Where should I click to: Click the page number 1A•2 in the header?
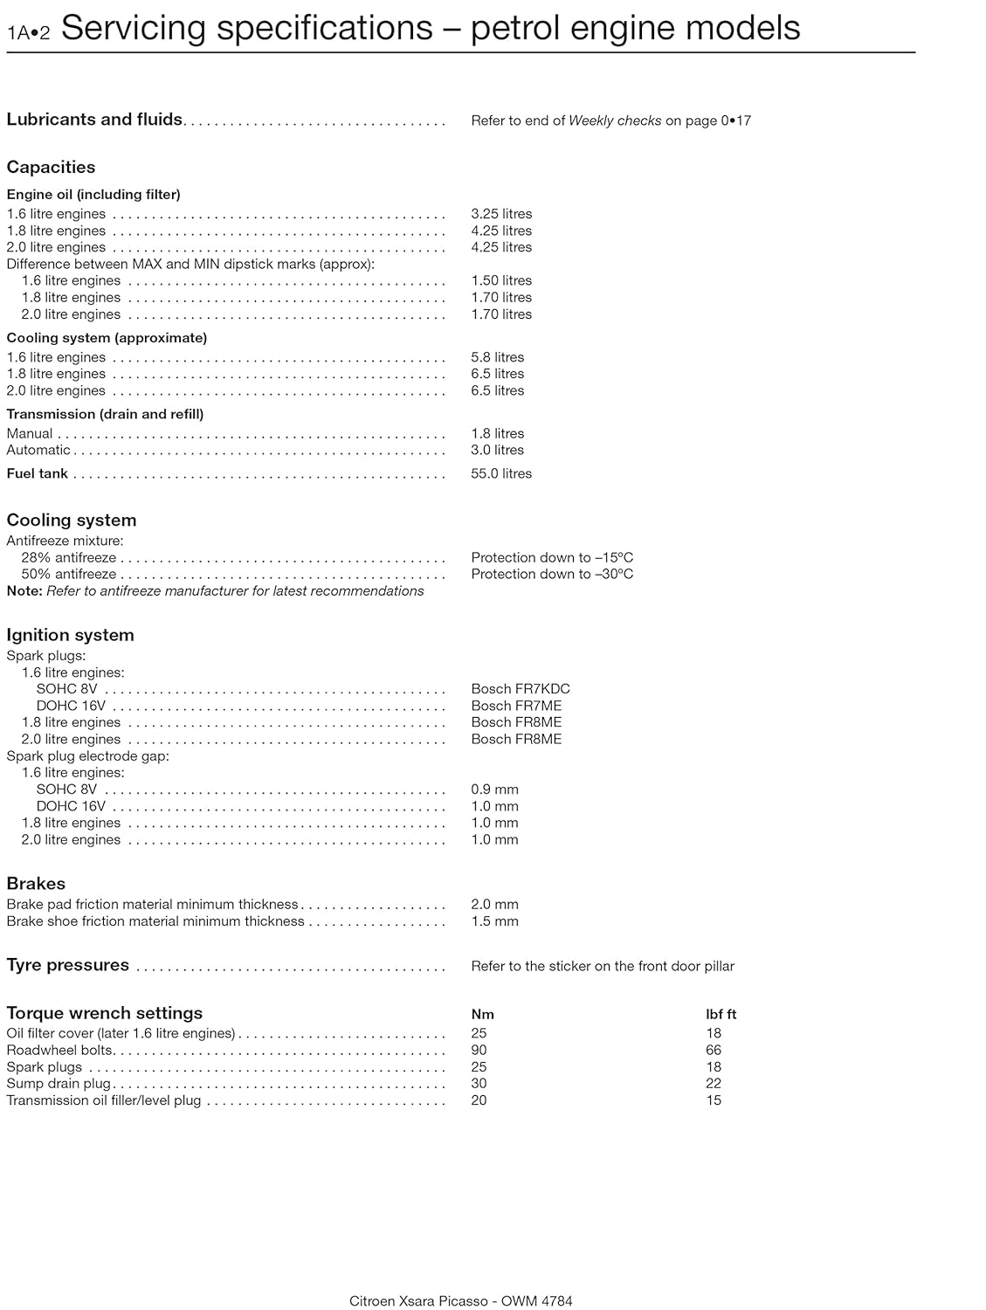click(29, 33)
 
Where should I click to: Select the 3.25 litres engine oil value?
click(501, 214)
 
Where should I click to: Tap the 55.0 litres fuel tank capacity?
click(501, 473)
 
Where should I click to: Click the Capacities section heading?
click(51, 167)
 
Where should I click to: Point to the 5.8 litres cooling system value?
click(498, 357)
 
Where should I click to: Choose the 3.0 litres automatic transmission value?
click(498, 450)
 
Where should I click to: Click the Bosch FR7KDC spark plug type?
click(521, 689)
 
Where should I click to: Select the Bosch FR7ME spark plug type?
click(516, 706)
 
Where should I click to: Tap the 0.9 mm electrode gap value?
click(494, 789)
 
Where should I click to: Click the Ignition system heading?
click(70, 635)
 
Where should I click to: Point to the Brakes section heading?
click(36, 883)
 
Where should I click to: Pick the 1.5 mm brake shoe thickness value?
click(494, 921)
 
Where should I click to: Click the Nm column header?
click(483, 1014)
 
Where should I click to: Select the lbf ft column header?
click(721, 1014)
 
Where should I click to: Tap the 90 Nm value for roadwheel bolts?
click(479, 1050)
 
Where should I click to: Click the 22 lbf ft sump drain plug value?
click(714, 1084)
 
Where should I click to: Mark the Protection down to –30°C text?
click(552, 574)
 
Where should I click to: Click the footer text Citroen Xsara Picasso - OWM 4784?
click(461, 1301)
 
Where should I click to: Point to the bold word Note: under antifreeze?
click(24, 591)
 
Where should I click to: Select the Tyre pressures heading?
click(67, 965)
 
